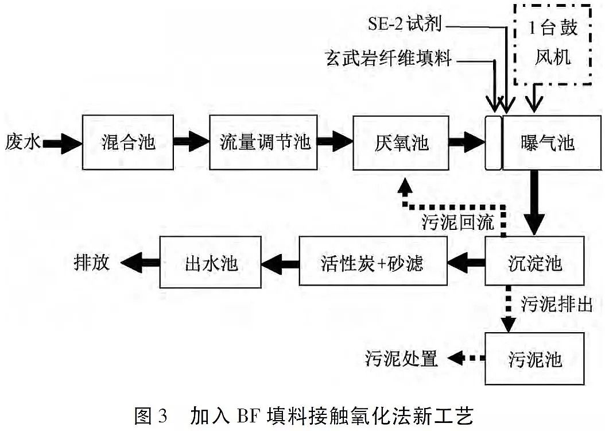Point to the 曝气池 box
coord(547,142)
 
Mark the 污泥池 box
coord(535,359)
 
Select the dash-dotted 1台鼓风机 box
coord(553,43)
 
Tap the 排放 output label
coord(91,262)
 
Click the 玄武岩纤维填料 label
coord(389,59)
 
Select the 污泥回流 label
coord(457,222)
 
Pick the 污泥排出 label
coord(557,303)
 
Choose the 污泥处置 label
coord(401,359)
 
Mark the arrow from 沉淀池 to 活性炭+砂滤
coord(465,263)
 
